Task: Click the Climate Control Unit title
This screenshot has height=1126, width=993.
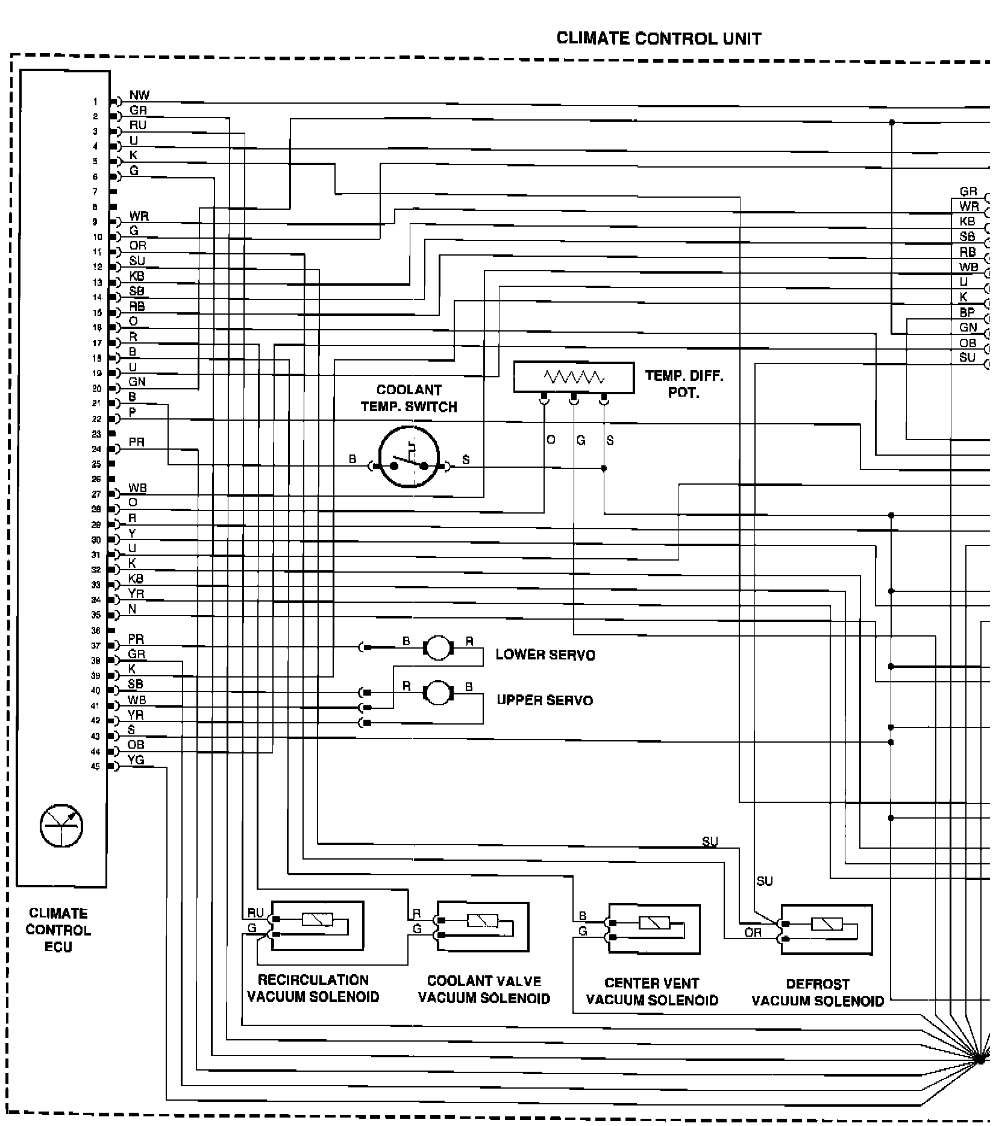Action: tap(659, 39)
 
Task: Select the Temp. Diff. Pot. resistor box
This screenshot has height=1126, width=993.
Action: tap(574, 377)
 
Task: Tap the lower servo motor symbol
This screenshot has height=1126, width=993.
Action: tap(438, 647)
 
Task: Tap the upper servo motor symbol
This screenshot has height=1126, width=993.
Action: tap(438, 693)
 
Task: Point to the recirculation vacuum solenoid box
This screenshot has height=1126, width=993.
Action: tap(317, 925)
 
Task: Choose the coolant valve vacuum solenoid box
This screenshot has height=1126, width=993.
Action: tap(483, 926)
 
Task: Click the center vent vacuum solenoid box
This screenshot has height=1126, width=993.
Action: tap(654, 928)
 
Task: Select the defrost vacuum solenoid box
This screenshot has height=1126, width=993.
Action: tap(826, 929)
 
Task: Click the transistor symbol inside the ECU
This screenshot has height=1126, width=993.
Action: tap(61, 825)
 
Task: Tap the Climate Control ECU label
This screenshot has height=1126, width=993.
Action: tap(58, 929)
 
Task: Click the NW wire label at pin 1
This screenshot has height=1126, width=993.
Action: tap(139, 95)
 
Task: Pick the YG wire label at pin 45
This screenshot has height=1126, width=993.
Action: tap(136, 760)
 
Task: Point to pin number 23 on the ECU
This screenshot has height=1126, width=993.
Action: tap(96, 434)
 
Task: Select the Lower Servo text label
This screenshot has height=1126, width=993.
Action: tap(545, 655)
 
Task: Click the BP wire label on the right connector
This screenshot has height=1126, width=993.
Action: tap(967, 312)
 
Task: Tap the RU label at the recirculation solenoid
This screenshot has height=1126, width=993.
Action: tap(255, 913)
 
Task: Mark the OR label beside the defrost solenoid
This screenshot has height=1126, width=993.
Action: tap(753, 933)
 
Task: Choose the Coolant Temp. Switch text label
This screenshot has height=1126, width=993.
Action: tap(409, 398)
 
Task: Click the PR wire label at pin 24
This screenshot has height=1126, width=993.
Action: tap(137, 442)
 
